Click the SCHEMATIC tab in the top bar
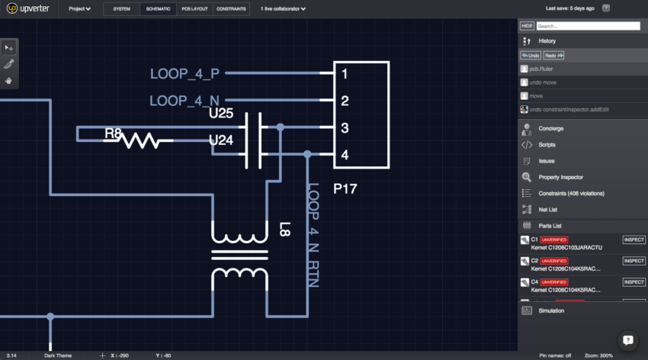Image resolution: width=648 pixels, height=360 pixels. click(x=159, y=9)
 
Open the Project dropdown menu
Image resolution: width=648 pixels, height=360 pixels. click(x=79, y=9)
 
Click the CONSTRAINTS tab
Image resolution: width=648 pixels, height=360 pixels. click(x=231, y=9)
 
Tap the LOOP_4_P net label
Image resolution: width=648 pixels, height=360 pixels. click(x=184, y=74)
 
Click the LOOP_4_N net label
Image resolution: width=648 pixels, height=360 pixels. click(x=184, y=101)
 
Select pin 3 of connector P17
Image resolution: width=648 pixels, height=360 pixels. click(x=345, y=128)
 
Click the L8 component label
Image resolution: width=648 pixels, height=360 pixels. click(x=284, y=228)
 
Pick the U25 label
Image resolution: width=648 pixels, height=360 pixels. click(x=221, y=114)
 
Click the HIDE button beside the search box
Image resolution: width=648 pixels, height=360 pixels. click(x=526, y=26)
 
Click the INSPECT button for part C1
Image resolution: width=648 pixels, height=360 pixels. click(x=634, y=239)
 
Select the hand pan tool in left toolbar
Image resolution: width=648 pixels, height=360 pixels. click(x=9, y=80)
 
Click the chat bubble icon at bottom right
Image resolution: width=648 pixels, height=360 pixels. click(x=627, y=339)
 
